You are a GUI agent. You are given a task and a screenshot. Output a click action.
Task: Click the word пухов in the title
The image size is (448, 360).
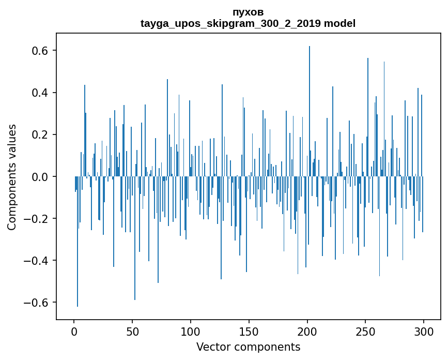pyautogui.click(x=248, y=12)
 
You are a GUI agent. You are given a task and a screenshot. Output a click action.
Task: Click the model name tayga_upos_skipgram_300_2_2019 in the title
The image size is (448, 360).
pyautogui.click(x=231, y=23)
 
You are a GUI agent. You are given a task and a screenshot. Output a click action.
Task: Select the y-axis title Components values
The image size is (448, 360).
pyautogui.click(x=12, y=177)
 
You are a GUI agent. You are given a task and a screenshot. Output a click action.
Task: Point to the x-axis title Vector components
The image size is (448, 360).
pyautogui.click(x=248, y=347)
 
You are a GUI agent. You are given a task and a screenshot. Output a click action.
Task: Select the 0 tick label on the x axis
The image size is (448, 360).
pyautogui.click(x=74, y=331)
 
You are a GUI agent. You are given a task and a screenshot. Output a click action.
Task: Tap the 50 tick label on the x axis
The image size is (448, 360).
pyautogui.click(x=132, y=331)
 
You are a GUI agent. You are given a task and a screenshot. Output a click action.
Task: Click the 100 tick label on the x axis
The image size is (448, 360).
pyautogui.click(x=191, y=331)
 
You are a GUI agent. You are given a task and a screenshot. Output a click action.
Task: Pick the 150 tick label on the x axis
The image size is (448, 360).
pyautogui.click(x=249, y=331)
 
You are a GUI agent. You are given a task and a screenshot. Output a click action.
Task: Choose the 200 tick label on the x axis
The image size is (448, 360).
pyautogui.click(x=307, y=331)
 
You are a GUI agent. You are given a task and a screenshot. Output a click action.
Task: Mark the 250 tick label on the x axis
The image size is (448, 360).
pyautogui.click(x=366, y=331)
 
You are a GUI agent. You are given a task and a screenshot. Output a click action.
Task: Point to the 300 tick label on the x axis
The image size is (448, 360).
pyautogui.click(x=424, y=331)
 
